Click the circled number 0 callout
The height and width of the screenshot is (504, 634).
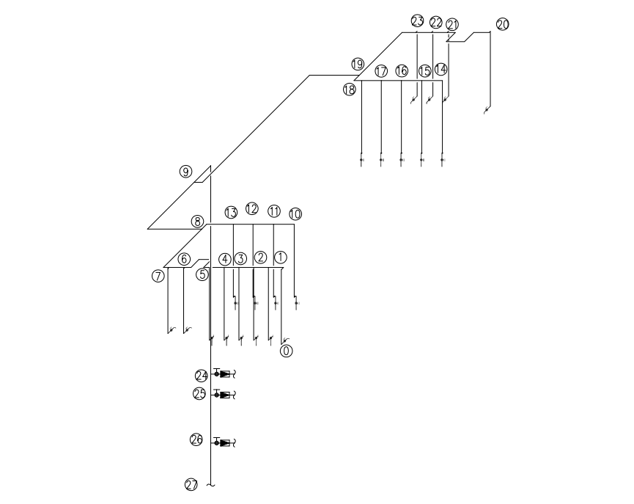[287, 351]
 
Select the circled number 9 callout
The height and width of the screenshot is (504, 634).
[185, 172]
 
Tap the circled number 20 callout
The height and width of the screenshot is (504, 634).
[503, 24]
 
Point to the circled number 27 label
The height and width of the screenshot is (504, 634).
[191, 485]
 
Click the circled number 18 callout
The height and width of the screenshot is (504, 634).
[350, 89]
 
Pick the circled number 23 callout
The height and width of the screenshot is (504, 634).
[417, 21]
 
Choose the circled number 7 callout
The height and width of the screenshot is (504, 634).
[158, 276]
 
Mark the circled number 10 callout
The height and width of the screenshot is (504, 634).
[295, 213]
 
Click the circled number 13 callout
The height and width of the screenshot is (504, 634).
[231, 212]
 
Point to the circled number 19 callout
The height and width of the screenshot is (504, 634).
[358, 64]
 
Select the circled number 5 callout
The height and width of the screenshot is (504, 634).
[202, 274]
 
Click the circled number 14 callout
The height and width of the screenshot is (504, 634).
[441, 69]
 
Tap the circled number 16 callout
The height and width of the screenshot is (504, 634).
[402, 71]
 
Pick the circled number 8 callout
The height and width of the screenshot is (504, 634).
[197, 222]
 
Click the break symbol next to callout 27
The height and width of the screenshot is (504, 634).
[210, 485]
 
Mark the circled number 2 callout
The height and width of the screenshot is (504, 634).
[260, 258]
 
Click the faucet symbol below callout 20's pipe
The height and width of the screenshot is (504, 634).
[487, 109]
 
